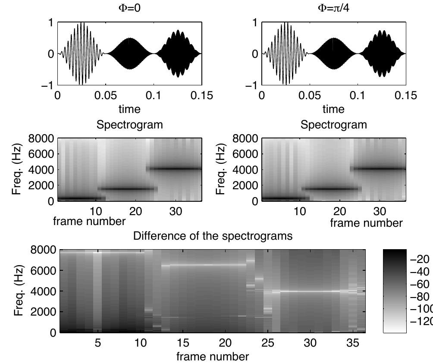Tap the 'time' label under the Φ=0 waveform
[129, 109]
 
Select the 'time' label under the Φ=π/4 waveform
[333, 109]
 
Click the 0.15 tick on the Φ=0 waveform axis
[199, 96]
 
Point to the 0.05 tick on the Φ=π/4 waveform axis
[309, 96]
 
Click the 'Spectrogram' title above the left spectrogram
[129, 125]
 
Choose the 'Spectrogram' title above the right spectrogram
[333, 125]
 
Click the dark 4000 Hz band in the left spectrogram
[175, 169]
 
